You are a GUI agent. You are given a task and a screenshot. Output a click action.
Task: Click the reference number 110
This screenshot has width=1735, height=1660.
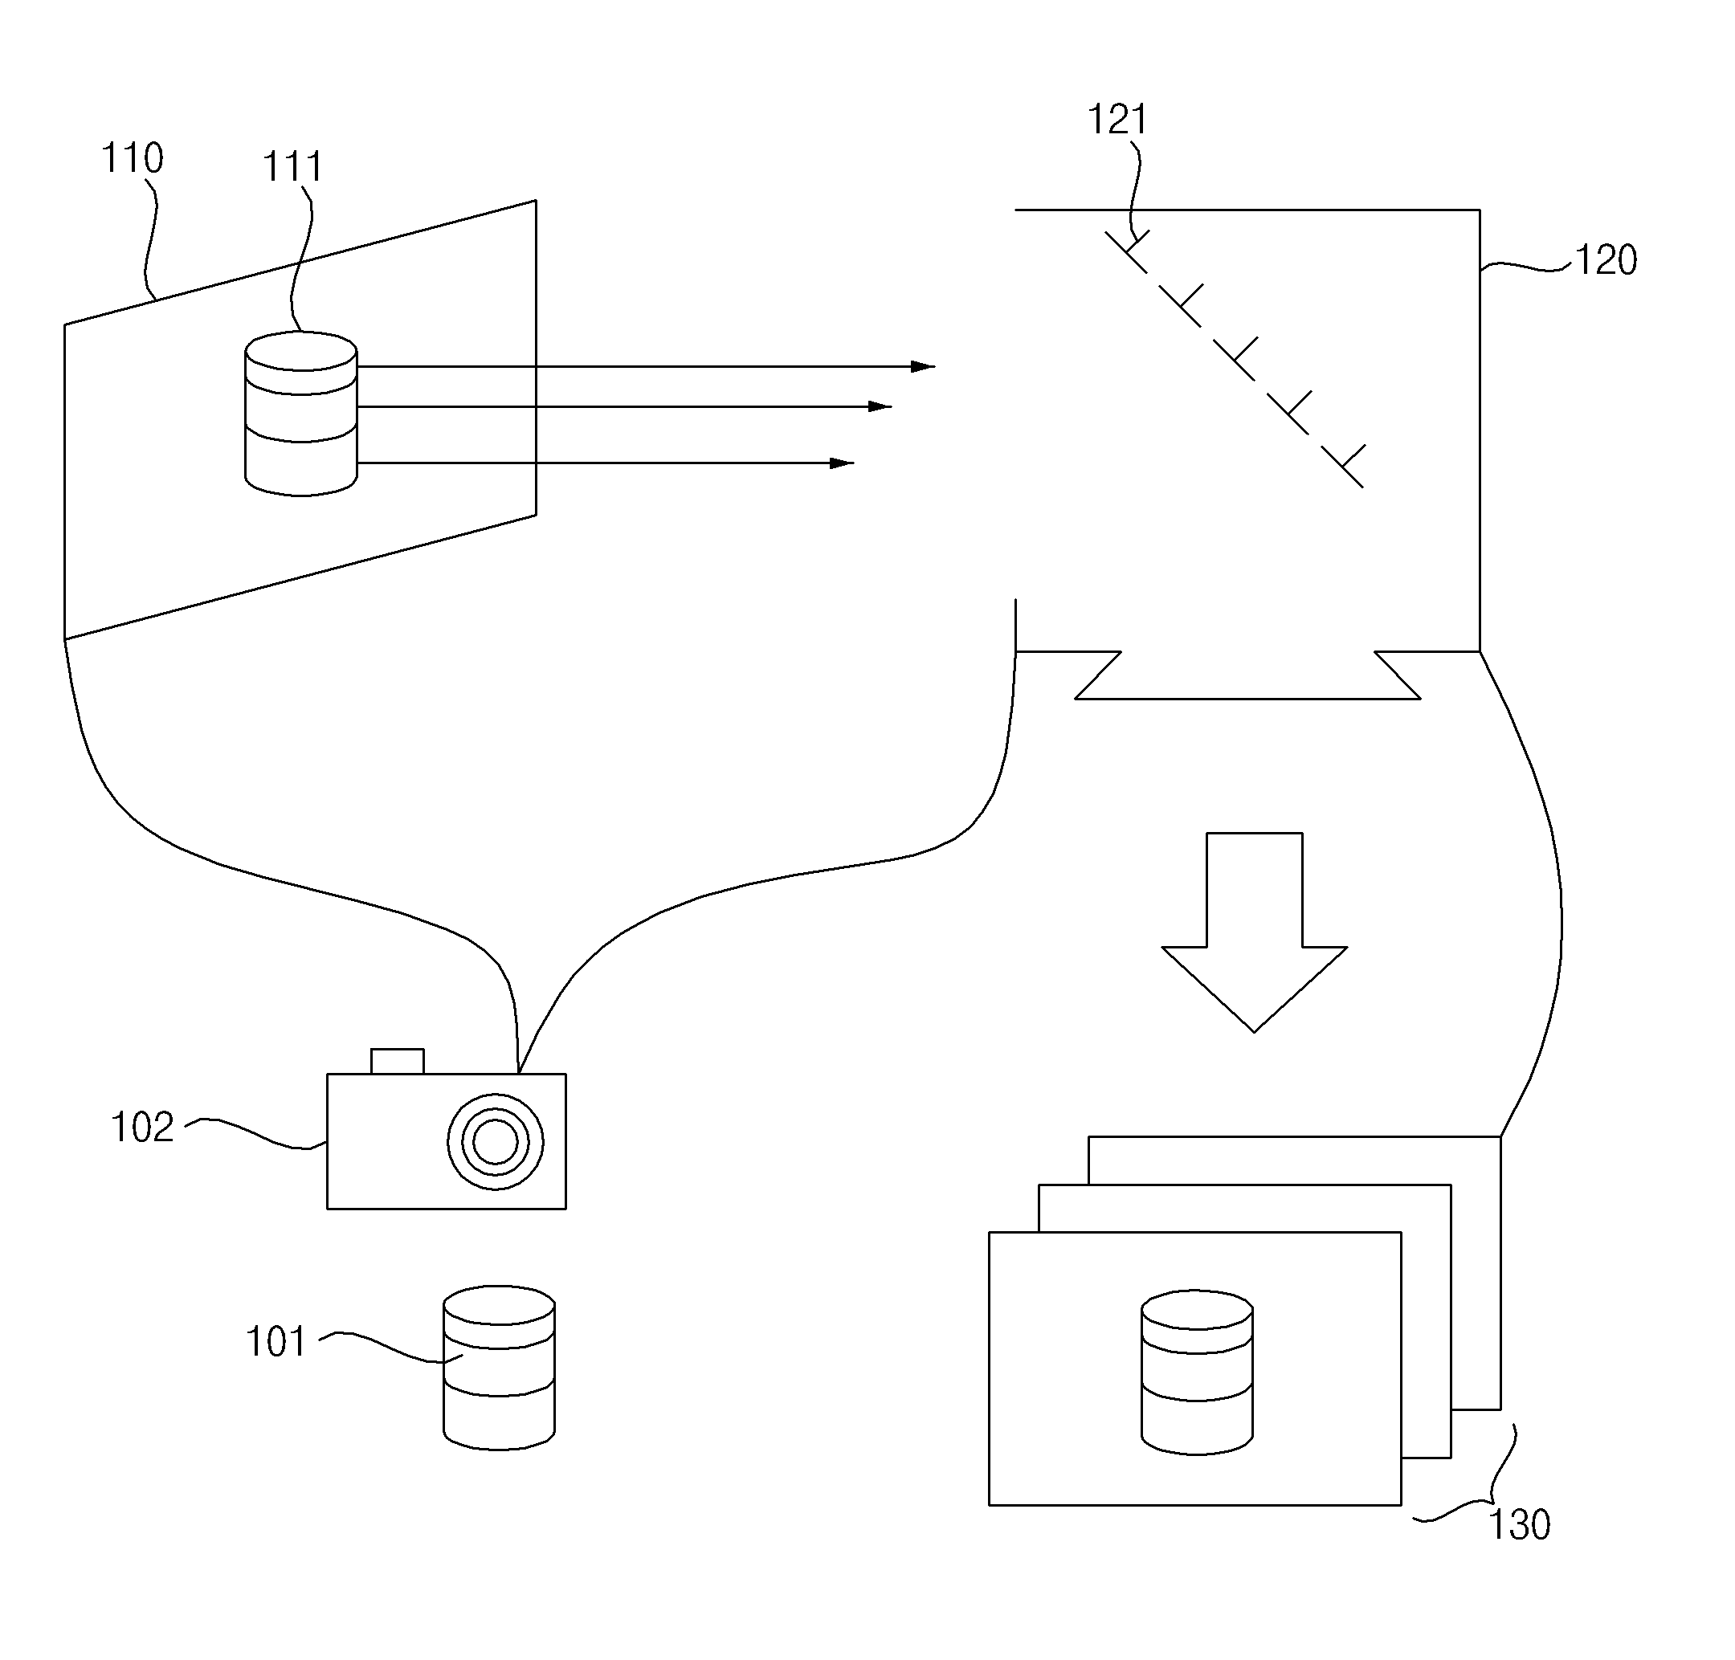133,158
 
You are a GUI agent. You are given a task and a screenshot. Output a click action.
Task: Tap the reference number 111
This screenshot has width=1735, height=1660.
293,166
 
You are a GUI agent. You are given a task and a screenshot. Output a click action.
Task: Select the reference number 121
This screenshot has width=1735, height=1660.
1117,120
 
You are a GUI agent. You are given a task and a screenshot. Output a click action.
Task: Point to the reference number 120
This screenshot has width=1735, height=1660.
1606,260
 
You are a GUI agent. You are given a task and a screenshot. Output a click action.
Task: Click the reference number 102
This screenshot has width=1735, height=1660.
141,1128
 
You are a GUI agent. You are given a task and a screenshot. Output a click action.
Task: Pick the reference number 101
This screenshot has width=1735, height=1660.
276,1342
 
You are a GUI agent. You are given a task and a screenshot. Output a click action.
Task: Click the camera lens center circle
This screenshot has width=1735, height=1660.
496,1141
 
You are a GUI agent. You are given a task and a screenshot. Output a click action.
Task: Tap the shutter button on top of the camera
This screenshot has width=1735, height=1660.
398,1061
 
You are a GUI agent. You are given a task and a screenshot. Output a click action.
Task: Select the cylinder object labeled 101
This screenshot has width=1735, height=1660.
500,1368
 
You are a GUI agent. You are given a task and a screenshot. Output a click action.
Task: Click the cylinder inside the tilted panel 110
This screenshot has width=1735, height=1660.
301,414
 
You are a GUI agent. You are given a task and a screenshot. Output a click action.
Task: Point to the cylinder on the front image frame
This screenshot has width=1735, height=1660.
1197,1372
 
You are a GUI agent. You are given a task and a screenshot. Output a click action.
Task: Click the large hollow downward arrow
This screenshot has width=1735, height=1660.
1255,932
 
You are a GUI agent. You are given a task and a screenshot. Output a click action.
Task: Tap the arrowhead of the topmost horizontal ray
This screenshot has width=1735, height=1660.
923,366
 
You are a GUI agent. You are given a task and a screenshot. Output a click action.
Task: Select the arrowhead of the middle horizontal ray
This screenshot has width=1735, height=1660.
880,407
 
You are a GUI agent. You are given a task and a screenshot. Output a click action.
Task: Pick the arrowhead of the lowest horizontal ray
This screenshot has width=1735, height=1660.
842,463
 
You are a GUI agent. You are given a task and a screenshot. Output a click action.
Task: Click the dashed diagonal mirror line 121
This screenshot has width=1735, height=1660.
1235,360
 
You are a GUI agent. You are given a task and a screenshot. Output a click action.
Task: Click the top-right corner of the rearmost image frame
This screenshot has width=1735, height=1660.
1501,1136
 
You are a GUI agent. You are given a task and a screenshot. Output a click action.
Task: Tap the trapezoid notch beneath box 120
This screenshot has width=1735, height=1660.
1248,676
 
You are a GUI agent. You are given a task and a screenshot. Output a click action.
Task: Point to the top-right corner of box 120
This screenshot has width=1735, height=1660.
1480,210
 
